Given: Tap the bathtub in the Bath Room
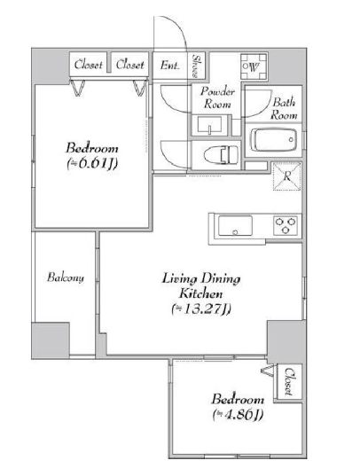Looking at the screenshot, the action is pyautogui.click(x=274, y=140).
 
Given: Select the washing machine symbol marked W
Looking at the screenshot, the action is pyautogui.click(x=254, y=66).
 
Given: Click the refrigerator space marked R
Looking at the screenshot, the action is pyautogui.click(x=286, y=176).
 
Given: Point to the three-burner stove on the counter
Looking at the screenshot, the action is pyautogui.click(x=286, y=225).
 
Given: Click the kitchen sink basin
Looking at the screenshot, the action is pyautogui.click(x=235, y=225).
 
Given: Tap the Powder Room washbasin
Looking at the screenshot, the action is pyautogui.click(x=210, y=125).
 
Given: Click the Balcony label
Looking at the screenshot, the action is pyautogui.click(x=66, y=277).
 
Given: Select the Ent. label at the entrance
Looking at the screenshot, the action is pyautogui.click(x=169, y=66).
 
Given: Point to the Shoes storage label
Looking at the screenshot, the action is pyautogui.click(x=197, y=66).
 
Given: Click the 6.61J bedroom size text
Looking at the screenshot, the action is pyautogui.click(x=92, y=164).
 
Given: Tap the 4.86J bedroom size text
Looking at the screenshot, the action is pyautogui.click(x=238, y=415).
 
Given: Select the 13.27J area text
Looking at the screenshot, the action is pyautogui.click(x=201, y=308).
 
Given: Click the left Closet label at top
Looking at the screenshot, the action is pyautogui.click(x=88, y=65).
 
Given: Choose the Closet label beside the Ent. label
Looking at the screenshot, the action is pyautogui.click(x=129, y=65).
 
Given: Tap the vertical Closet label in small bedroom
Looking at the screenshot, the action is pyautogui.click(x=289, y=381).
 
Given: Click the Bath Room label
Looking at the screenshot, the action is pyautogui.click(x=284, y=109).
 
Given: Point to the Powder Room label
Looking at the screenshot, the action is pyautogui.click(x=217, y=98).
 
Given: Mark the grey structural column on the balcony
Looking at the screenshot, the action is pyautogui.click(x=51, y=340).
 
